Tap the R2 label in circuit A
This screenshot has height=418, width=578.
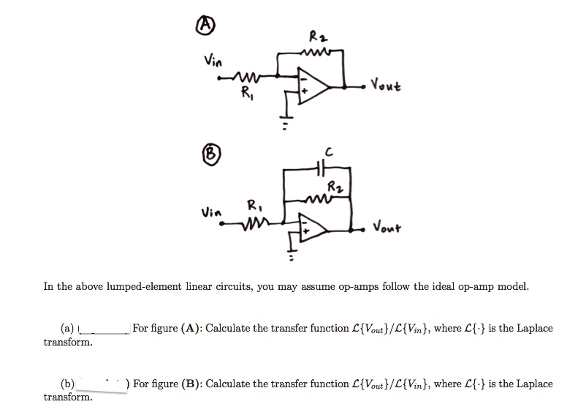[315, 36]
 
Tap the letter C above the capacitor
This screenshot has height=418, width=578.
[329, 152]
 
